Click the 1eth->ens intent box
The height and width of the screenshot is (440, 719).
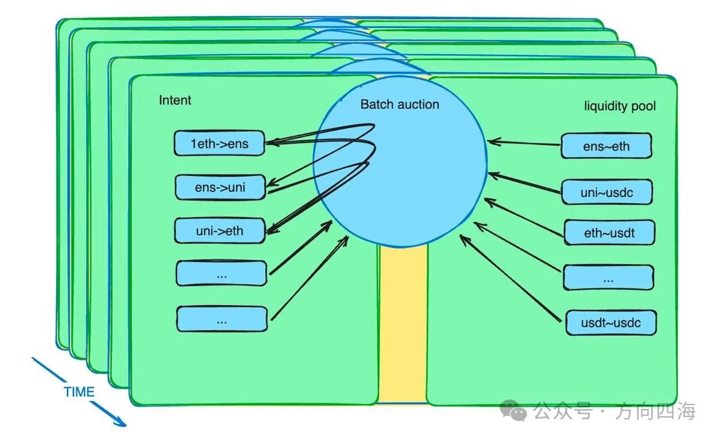tap(219, 143)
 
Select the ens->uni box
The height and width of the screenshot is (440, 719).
tap(221, 187)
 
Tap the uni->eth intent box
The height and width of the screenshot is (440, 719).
tap(219, 231)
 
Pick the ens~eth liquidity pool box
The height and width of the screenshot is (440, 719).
tap(606, 146)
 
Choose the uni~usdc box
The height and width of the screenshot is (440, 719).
tap(607, 192)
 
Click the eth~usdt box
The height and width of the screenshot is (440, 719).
tap(609, 233)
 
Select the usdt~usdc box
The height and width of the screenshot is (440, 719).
tap(610, 323)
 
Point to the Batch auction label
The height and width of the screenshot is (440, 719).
tap(400, 105)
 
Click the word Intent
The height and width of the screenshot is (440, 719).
tap(175, 101)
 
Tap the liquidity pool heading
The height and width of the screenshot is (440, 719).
tap(620, 106)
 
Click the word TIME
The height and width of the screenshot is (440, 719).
tap(79, 392)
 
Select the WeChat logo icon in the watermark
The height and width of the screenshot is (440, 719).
tap(513, 411)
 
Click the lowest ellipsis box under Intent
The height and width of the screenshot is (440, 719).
tap(222, 319)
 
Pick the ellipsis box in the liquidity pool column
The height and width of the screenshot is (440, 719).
tap(608, 278)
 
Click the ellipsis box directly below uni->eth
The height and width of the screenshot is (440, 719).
tap(222, 273)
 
